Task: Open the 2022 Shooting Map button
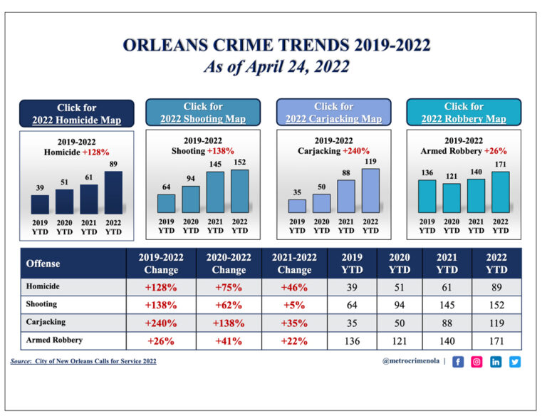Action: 203,113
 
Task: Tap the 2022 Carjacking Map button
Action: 333,113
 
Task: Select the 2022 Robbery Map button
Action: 464,113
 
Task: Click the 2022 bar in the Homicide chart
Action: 113,192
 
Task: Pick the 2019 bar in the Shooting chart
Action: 166,203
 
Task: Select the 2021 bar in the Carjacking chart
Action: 346,197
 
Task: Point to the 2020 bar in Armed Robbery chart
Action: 452,198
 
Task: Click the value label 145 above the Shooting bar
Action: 215,165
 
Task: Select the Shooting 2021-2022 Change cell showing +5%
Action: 294,304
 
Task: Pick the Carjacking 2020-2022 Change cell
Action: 229,323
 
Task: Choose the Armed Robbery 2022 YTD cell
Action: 496,341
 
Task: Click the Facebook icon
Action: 458,362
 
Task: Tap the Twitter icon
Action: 515,362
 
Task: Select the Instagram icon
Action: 477,362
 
